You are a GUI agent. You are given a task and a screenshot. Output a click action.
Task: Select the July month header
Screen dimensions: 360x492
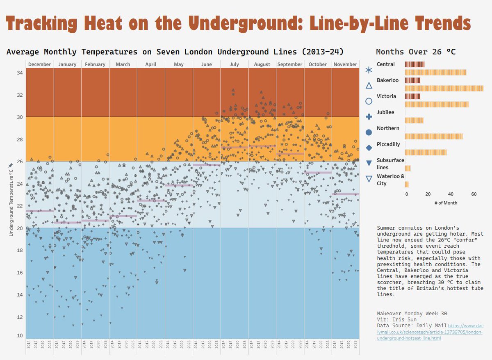pos(234,64)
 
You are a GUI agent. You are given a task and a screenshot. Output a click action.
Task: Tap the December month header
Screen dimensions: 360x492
pos(40,64)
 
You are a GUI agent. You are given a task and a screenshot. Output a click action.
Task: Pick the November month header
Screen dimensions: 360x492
pos(345,64)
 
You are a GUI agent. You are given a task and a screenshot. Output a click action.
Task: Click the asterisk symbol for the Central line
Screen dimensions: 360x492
pos(369,70)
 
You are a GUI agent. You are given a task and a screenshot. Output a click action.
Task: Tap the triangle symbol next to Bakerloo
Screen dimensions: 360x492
pos(369,86)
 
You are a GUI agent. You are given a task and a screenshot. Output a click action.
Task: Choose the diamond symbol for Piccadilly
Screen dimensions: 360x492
pos(369,148)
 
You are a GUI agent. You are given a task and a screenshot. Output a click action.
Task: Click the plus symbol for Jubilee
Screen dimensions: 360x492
pos(369,117)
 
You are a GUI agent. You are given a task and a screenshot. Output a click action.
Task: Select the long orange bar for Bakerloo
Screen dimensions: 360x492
pos(444,88)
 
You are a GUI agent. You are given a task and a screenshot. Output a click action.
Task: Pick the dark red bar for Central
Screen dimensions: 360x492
pos(415,64)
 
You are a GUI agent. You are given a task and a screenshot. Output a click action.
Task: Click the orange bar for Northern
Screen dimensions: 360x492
pos(434,136)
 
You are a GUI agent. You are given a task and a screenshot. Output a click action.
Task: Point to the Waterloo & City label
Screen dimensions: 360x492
pos(385,180)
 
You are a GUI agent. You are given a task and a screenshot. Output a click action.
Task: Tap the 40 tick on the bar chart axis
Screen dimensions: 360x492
pos(451,194)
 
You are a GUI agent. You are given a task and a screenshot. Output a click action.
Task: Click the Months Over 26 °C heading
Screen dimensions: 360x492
pos(415,52)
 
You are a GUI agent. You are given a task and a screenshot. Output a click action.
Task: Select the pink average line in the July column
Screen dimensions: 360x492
pos(234,147)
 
